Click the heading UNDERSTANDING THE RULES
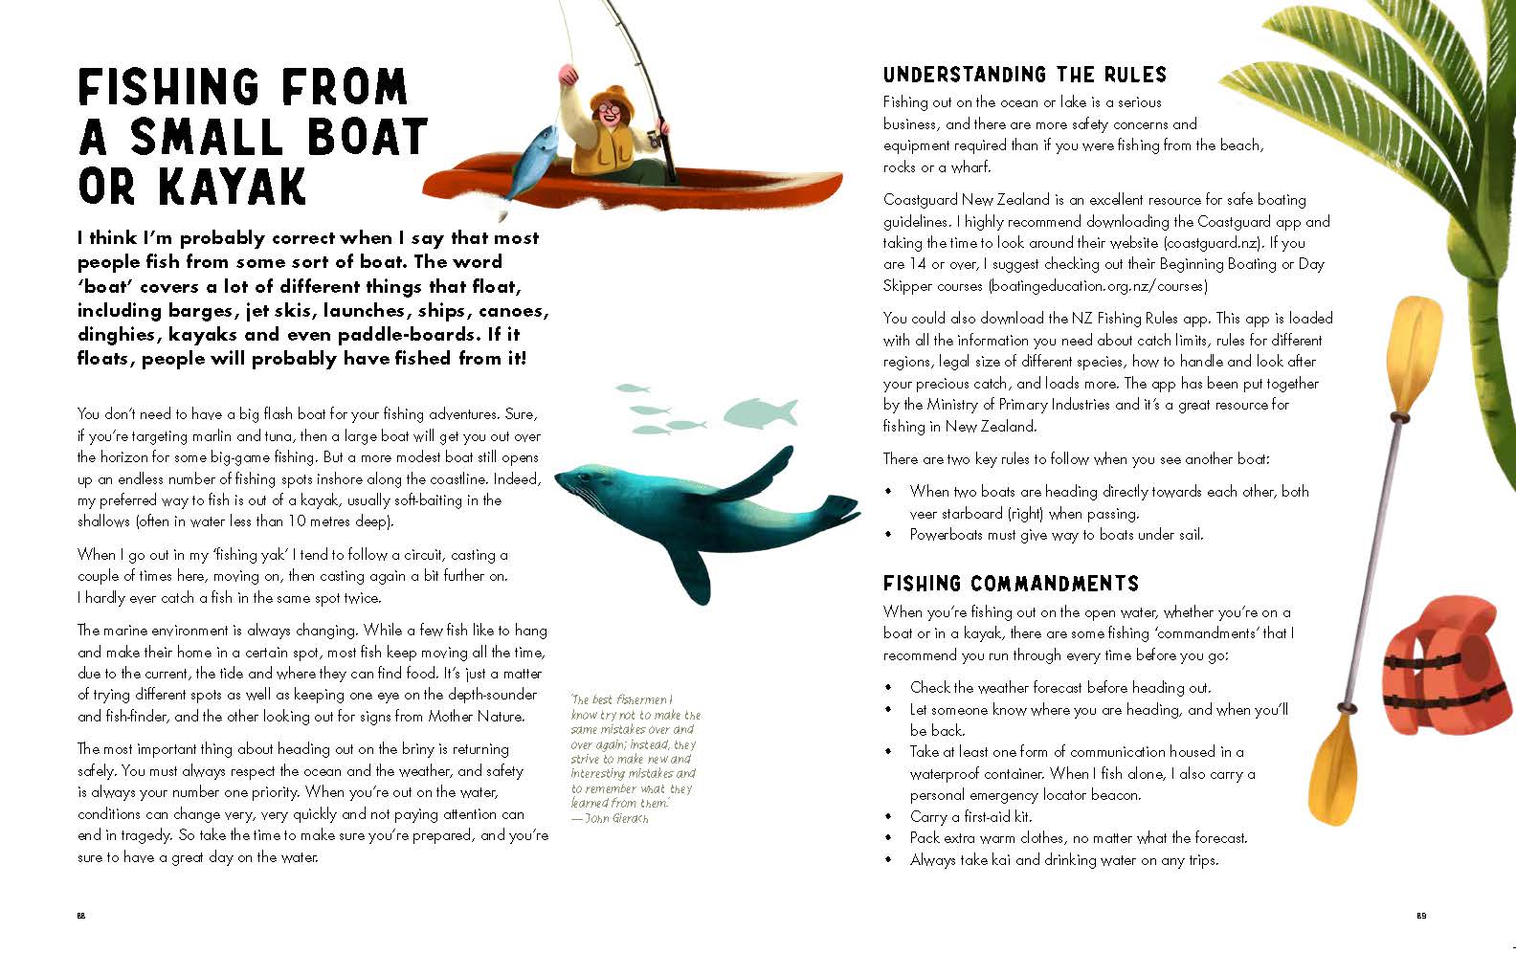click(1025, 75)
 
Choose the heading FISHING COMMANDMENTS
click(1011, 584)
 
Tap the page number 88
click(81, 916)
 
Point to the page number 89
click(1421, 916)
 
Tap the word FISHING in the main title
click(159, 88)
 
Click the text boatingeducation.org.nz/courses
click(1098, 286)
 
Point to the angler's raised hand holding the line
click(568, 75)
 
